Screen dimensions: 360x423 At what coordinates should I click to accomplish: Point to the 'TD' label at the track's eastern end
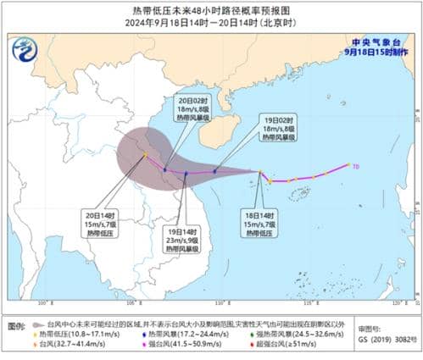pyautogui.click(x=356, y=165)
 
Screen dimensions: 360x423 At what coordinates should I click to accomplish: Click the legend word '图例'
pyautogui.click(x=15, y=324)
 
